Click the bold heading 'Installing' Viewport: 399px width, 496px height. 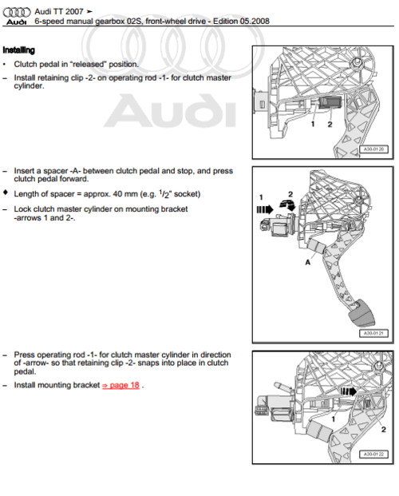point(18,50)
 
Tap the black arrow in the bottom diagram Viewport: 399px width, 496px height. point(349,392)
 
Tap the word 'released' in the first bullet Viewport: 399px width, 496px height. point(83,64)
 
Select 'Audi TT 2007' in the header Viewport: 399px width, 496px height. point(59,7)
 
